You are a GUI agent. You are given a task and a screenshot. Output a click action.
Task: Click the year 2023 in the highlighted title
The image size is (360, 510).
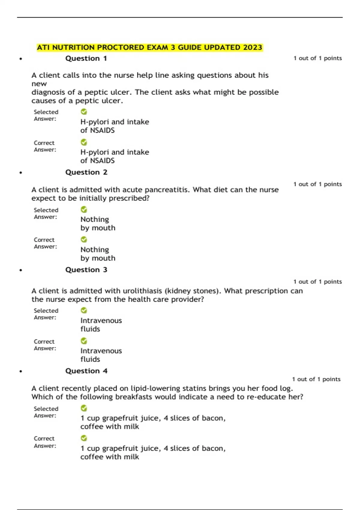pos(253,47)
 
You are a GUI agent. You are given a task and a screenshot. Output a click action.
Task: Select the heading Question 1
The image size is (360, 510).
pos(86,58)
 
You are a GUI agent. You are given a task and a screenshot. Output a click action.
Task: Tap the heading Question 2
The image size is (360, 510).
pos(86,172)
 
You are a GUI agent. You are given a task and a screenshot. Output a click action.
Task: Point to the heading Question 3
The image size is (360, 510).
pos(86,270)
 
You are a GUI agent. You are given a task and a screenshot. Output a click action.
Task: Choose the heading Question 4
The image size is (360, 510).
pos(86,371)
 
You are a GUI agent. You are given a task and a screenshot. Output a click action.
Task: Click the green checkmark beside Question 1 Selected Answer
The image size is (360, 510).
pos(84,112)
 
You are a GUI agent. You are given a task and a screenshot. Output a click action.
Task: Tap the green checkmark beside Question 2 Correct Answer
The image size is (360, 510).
pos(84,239)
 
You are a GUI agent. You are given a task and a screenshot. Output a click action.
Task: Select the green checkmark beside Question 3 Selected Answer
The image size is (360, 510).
pos(84,310)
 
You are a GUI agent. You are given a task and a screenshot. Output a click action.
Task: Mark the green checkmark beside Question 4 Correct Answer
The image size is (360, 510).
pos(84,438)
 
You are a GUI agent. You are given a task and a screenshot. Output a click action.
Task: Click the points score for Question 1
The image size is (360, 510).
pos(317,58)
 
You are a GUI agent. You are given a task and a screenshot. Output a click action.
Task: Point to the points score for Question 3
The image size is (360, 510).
pos(317,282)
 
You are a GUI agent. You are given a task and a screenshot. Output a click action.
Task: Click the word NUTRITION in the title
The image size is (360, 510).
pos(73,47)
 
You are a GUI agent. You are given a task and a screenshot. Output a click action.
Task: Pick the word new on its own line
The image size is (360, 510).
pos(39,84)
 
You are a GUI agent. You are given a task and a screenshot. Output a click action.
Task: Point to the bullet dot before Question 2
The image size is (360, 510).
pos(21,173)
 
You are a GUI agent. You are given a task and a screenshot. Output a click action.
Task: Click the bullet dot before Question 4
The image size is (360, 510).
pos(21,371)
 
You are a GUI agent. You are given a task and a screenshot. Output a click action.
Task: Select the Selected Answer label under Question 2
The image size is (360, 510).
pos(46,213)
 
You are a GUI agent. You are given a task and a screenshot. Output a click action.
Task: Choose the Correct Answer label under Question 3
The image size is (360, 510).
pos(45,345)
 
